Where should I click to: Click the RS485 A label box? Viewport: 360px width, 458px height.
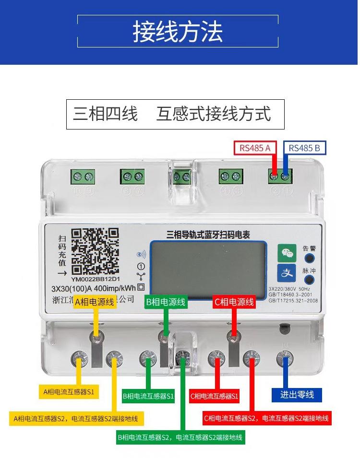[x=255, y=148]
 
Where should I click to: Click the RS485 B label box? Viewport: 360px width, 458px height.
[x=305, y=148]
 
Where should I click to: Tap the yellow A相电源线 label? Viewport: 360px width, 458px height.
[x=95, y=302]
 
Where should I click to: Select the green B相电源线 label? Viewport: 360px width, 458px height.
[x=166, y=302]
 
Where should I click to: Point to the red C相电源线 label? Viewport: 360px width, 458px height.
[x=234, y=302]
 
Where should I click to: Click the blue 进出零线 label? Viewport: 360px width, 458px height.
[x=297, y=395]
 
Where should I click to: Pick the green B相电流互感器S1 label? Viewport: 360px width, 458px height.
[x=148, y=396]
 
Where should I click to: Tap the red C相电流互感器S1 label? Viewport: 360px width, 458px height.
[x=215, y=396]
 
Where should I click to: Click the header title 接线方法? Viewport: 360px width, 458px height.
[x=178, y=32]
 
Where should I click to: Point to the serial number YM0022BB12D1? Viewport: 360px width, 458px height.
[x=95, y=279]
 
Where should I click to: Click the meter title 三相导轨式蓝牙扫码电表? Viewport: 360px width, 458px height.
[x=208, y=235]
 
